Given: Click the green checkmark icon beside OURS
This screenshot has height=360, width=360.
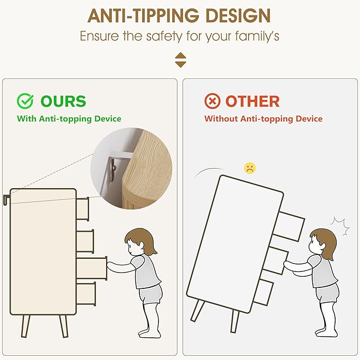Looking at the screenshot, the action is [25, 101].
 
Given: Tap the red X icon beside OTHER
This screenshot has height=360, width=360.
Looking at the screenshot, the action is [213, 101].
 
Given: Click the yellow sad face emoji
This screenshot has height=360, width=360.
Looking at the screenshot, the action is [250, 168].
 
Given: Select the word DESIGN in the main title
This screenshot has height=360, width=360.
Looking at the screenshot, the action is [238, 15].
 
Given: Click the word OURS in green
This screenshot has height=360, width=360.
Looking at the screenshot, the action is [64, 101].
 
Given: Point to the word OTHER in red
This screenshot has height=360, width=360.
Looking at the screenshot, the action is [252, 101].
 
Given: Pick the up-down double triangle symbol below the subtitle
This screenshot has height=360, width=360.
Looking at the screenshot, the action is [180, 60].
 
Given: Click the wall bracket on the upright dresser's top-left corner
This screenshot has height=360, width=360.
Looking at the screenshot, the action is [6, 199].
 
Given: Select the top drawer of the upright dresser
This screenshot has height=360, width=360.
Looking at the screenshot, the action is [83, 209].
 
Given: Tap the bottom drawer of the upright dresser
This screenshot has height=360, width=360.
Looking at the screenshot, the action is [86, 294].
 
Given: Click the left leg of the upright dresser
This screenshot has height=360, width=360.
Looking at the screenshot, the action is [25, 326].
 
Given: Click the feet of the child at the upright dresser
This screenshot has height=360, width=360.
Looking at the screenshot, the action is [150, 333].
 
